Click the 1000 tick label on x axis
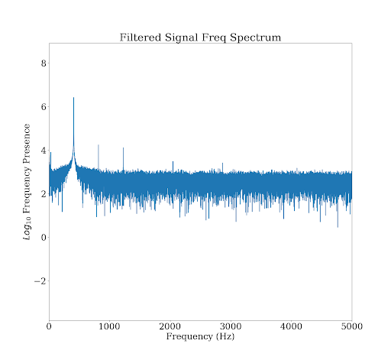109,327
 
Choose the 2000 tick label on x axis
170,327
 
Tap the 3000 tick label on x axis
231,327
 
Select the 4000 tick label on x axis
291,327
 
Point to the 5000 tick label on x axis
351,327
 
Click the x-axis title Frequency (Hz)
200,337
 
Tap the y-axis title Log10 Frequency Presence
27,182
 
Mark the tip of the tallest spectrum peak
73,98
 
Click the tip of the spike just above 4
99,144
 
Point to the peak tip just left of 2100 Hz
173,161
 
